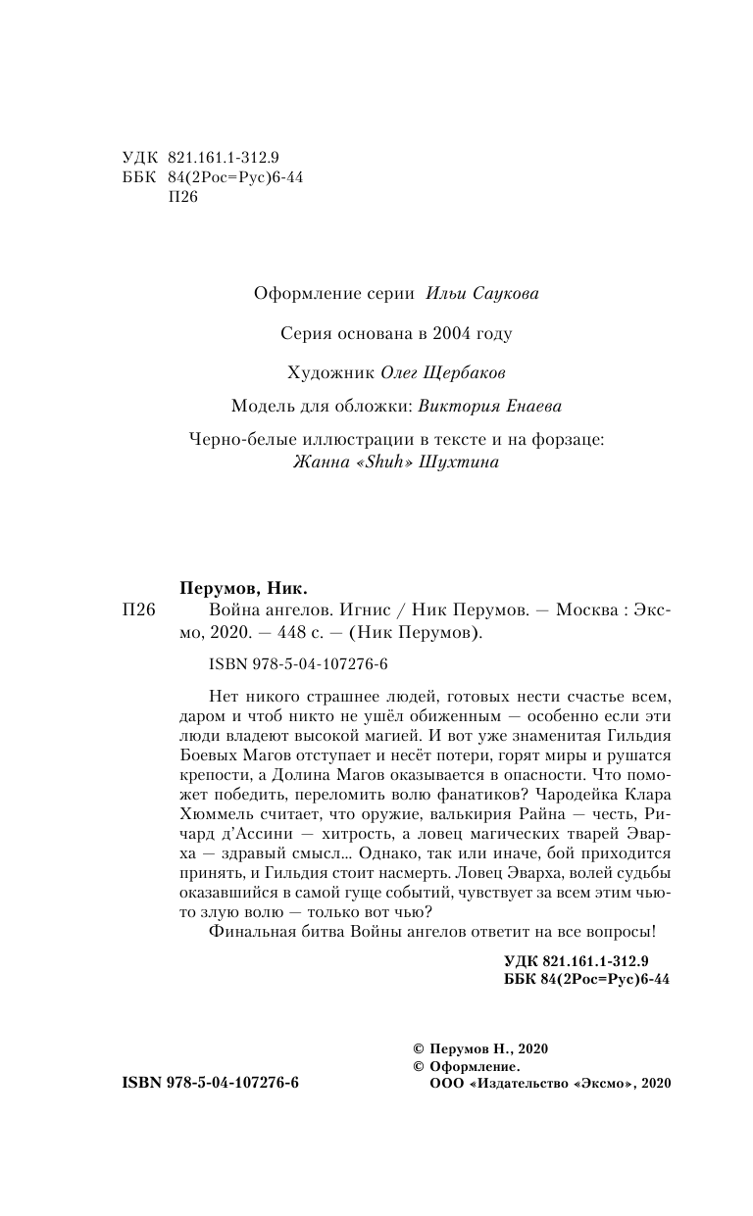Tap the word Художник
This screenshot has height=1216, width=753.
[x=317, y=373]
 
